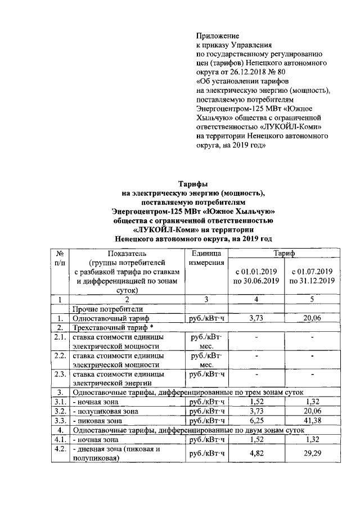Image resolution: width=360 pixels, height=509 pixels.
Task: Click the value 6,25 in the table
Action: [256, 420]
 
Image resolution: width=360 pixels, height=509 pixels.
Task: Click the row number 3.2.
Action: [60, 411]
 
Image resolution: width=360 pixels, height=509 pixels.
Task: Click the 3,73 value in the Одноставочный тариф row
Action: [256, 318]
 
